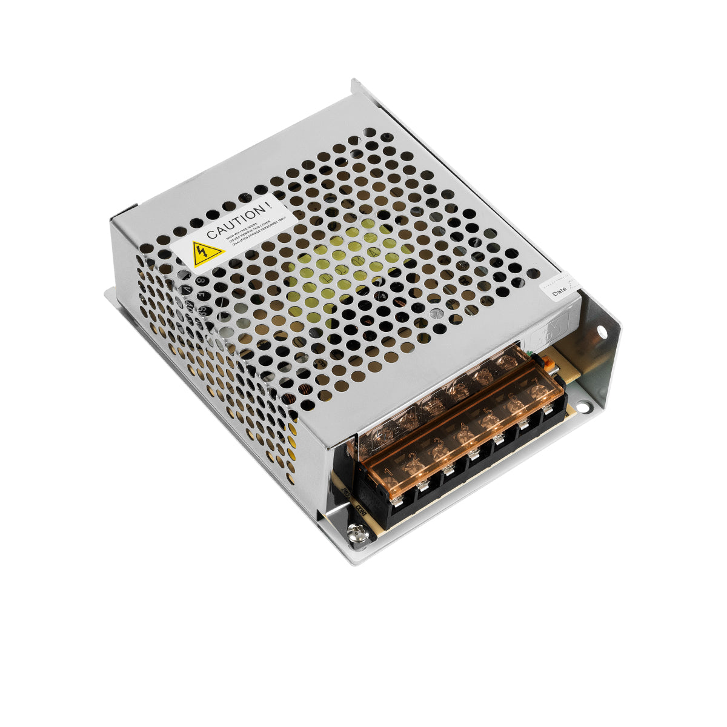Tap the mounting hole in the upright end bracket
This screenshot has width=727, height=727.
click(602, 332)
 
